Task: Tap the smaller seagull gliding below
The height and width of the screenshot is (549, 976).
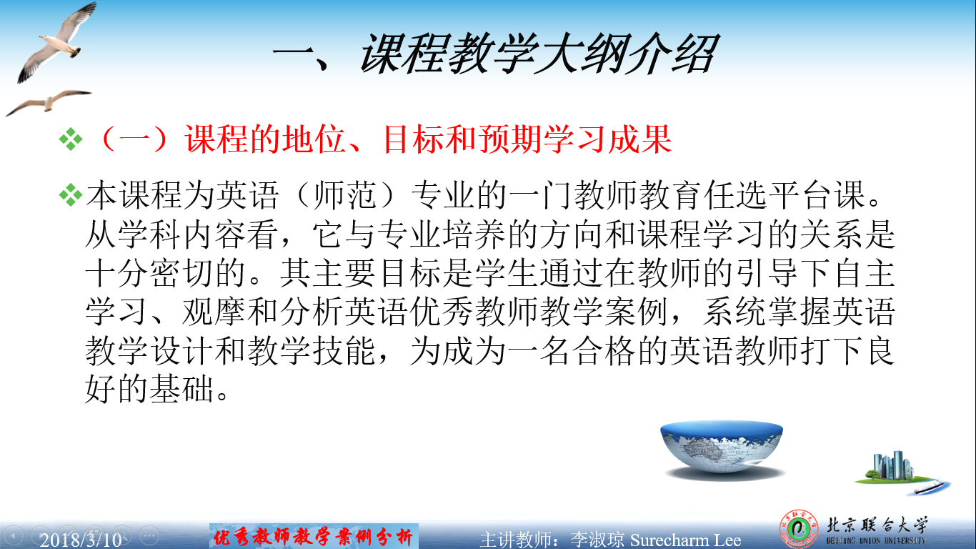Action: pyautogui.click(x=48, y=103)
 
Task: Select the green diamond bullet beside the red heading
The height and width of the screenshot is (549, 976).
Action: pyautogui.click(x=71, y=139)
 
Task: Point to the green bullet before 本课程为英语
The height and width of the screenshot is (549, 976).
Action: pyautogui.click(x=71, y=195)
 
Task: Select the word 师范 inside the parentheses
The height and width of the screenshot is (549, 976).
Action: pyautogui.click(x=344, y=195)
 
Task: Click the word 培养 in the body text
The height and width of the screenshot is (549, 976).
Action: pyautogui.click(x=474, y=234)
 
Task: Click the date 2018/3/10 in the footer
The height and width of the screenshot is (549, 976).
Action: pyautogui.click(x=81, y=540)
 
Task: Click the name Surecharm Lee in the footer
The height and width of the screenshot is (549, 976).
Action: pyautogui.click(x=685, y=540)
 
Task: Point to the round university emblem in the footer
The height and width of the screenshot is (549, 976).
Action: pyautogui.click(x=799, y=530)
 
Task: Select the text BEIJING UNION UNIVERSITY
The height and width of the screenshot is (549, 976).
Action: pyautogui.click(x=875, y=540)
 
